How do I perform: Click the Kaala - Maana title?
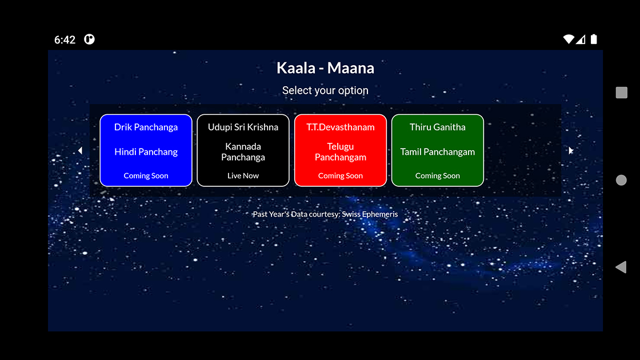click(325, 68)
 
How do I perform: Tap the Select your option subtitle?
click(325, 91)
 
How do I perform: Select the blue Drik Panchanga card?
click(146, 150)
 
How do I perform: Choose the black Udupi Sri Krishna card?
click(243, 150)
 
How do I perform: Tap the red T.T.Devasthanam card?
click(341, 150)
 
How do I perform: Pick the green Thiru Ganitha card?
click(438, 150)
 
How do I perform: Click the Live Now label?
click(243, 175)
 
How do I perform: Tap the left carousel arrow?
click(81, 151)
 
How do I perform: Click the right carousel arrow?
click(571, 151)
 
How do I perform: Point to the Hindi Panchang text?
click(146, 152)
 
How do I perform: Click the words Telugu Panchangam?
click(341, 152)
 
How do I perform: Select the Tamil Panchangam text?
click(438, 152)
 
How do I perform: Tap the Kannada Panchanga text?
click(243, 152)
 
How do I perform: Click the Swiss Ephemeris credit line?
click(325, 214)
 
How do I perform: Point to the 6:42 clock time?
click(65, 39)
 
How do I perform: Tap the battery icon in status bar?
click(594, 39)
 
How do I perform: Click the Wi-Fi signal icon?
click(568, 39)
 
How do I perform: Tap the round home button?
click(621, 180)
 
